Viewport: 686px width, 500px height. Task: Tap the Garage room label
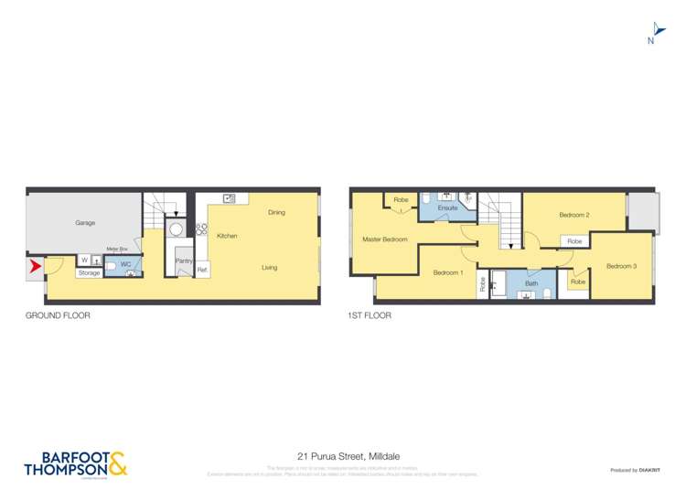pos(85,222)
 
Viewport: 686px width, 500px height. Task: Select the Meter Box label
pos(116,249)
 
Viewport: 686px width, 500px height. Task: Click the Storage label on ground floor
pos(89,272)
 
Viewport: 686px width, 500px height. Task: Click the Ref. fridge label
pos(202,270)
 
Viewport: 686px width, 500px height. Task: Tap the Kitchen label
pos(227,236)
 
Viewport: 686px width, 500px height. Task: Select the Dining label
pos(276,212)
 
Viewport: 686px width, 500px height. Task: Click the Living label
pos(270,267)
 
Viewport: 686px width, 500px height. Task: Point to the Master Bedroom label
pos(385,239)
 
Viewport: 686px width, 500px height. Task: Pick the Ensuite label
pos(447,208)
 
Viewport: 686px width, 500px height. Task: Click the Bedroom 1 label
pos(448,272)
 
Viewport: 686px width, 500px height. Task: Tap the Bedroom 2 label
pos(573,215)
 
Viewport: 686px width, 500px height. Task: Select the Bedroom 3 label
pos(620,266)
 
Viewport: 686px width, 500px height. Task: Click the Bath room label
pos(531,283)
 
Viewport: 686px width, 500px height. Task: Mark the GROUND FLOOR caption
pos(58,315)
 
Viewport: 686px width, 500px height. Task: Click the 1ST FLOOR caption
pos(369,315)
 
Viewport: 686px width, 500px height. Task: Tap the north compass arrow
pos(652,30)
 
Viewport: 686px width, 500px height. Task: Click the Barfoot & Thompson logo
pos(75,463)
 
